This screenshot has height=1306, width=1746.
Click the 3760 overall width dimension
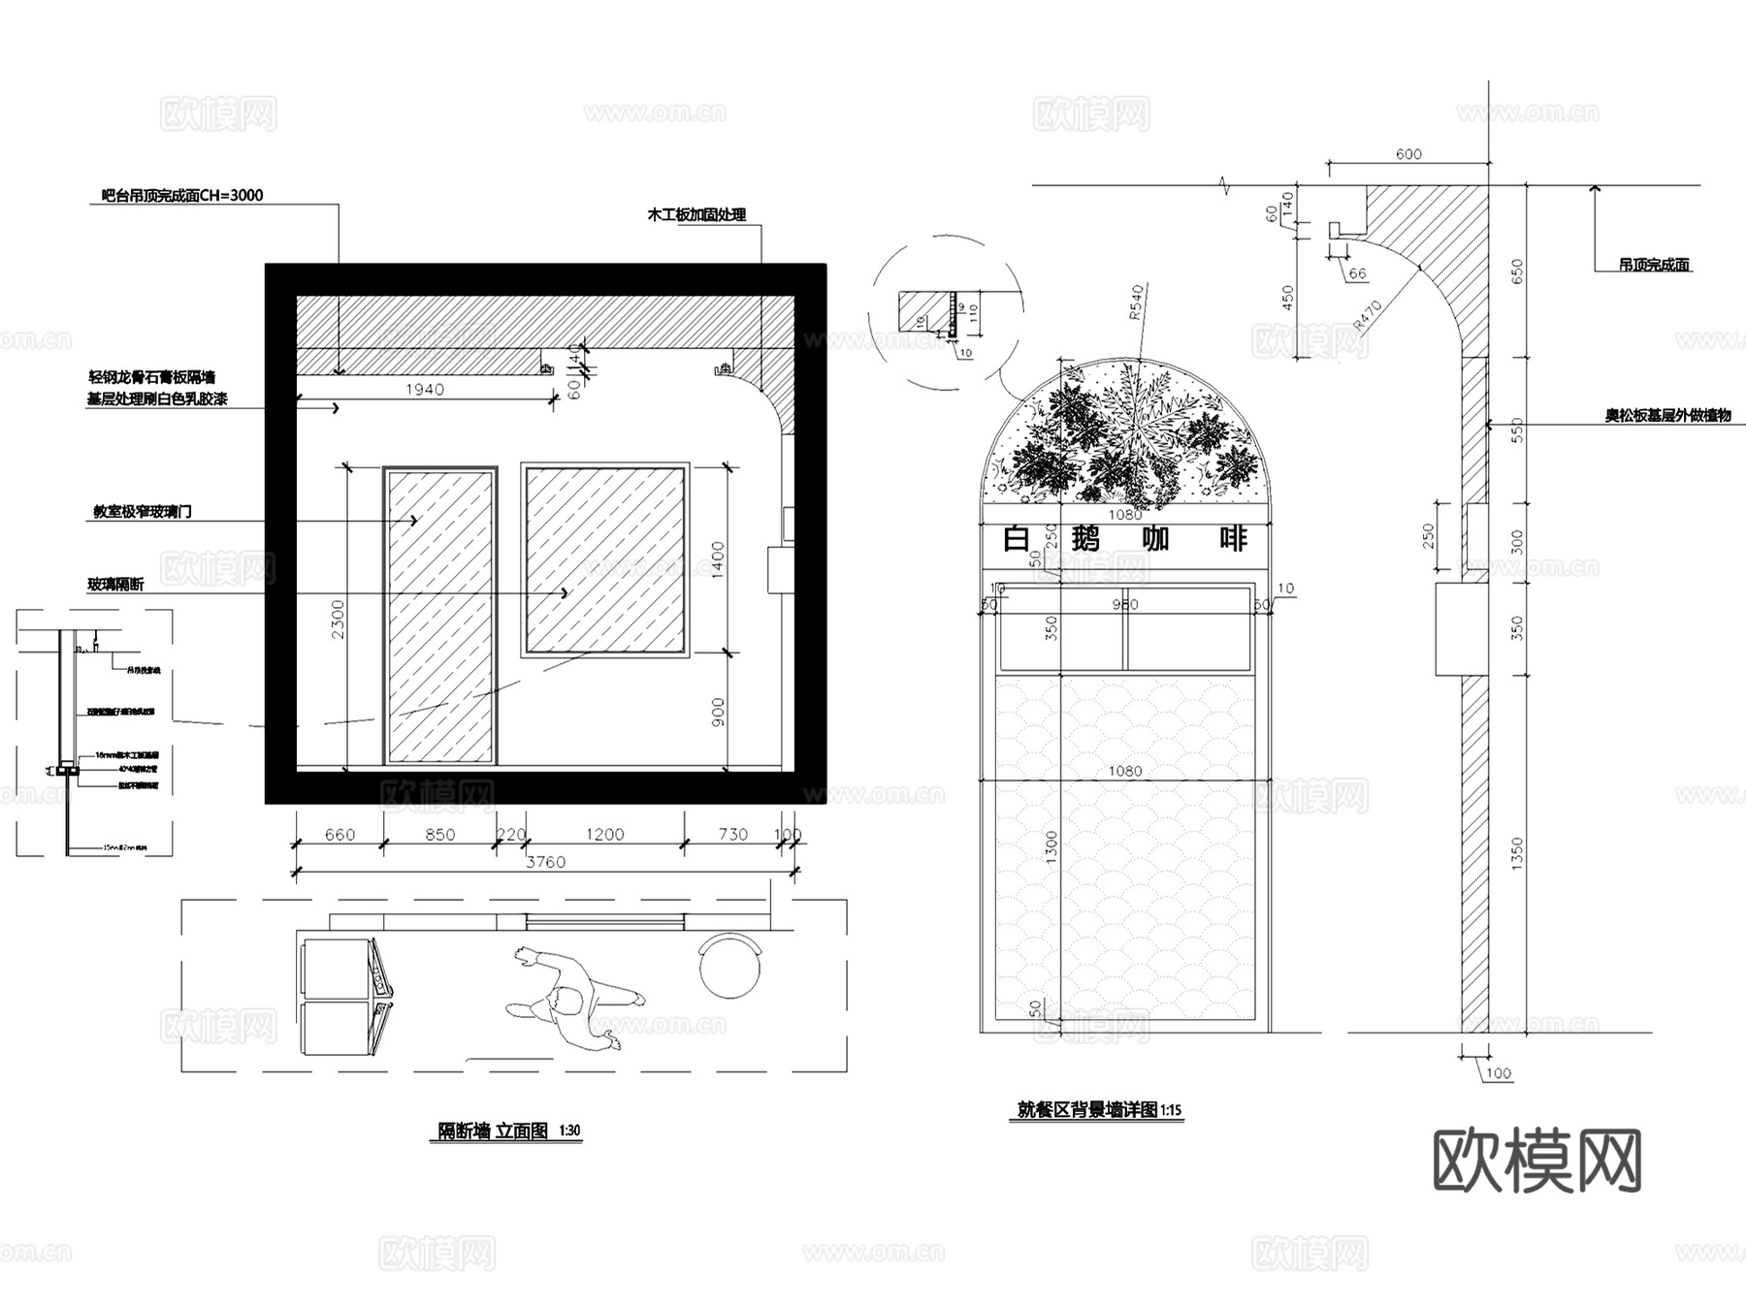point(545,862)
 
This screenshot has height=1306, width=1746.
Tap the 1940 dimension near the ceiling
point(425,390)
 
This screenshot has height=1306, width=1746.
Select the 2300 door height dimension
point(338,618)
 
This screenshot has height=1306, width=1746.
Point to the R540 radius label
point(1137,303)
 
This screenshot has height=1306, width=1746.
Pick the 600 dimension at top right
point(1408,154)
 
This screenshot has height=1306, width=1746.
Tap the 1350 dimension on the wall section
point(1517,853)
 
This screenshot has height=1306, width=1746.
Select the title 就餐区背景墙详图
point(1087,1110)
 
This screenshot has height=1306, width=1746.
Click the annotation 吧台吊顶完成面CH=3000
point(182,196)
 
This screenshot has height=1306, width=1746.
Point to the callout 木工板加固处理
point(696,215)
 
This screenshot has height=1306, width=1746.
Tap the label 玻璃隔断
point(115,585)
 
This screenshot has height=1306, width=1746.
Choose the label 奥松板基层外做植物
point(1667,416)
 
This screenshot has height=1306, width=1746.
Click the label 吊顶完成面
point(1654,265)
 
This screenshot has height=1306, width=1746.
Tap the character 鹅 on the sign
point(1085,538)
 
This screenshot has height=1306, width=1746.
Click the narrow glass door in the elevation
point(440,616)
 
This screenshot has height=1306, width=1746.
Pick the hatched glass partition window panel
point(605,559)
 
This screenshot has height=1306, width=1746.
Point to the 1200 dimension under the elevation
point(604,835)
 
